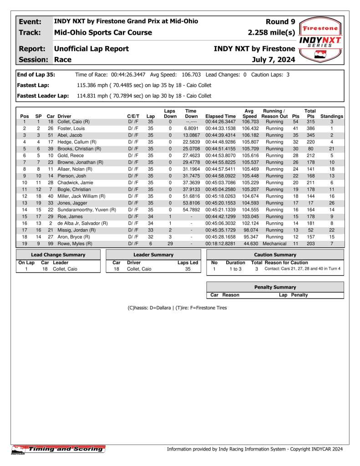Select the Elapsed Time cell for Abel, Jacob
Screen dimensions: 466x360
[221, 135]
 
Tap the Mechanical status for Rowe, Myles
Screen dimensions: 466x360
[274, 244]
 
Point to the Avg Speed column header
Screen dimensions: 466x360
[249, 113]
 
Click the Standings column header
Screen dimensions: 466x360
[332, 116]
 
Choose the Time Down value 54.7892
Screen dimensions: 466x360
[191, 210]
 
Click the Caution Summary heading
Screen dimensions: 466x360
[275, 255]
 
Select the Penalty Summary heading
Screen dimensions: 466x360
[275, 287]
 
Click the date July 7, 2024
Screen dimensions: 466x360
[273, 60]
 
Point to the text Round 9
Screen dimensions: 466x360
[280, 21]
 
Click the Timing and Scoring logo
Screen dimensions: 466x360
[58, 450]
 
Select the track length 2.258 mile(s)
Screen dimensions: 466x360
[271, 33]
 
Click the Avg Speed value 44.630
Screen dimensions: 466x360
[249, 244]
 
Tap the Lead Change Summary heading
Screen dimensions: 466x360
[58, 255]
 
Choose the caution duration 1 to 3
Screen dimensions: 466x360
[236, 269]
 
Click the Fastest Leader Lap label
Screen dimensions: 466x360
[43, 96]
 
